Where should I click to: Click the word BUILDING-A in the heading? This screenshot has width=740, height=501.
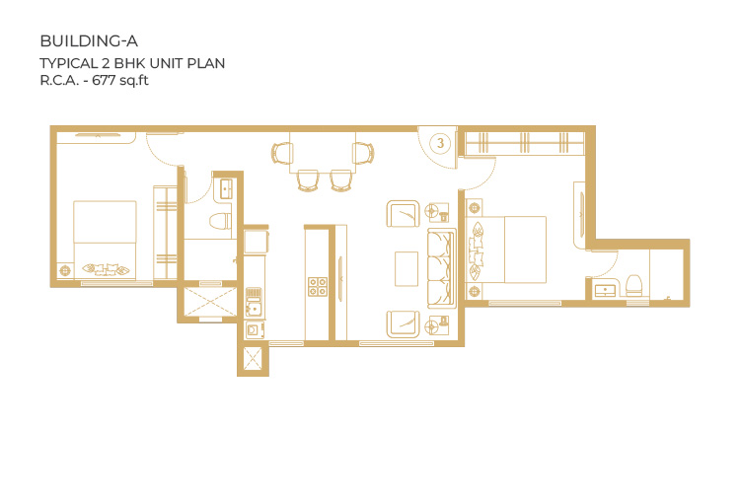click(x=89, y=41)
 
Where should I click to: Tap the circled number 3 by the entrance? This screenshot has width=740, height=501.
click(x=440, y=143)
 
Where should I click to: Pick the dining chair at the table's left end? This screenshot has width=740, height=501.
click(x=282, y=153)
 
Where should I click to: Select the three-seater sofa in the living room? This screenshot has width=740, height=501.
click(x=442, y=268)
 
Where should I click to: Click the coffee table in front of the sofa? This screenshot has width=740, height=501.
click(x=407, y=268)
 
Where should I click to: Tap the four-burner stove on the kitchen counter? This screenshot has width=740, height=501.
click(x=318, y=287)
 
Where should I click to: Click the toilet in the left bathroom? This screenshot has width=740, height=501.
click(x=221, y=221)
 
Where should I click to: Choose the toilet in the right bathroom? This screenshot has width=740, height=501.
click(x=633, y=286)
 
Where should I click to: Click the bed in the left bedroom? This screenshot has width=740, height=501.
click(x=105, y=240)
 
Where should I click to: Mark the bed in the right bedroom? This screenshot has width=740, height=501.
click(x=506, y=250)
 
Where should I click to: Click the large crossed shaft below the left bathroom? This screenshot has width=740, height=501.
click(x=209, y=302)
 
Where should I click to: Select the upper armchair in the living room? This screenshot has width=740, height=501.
click(x=403, y=214)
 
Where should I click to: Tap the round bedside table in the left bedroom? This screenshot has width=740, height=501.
click(x=65, y=271)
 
